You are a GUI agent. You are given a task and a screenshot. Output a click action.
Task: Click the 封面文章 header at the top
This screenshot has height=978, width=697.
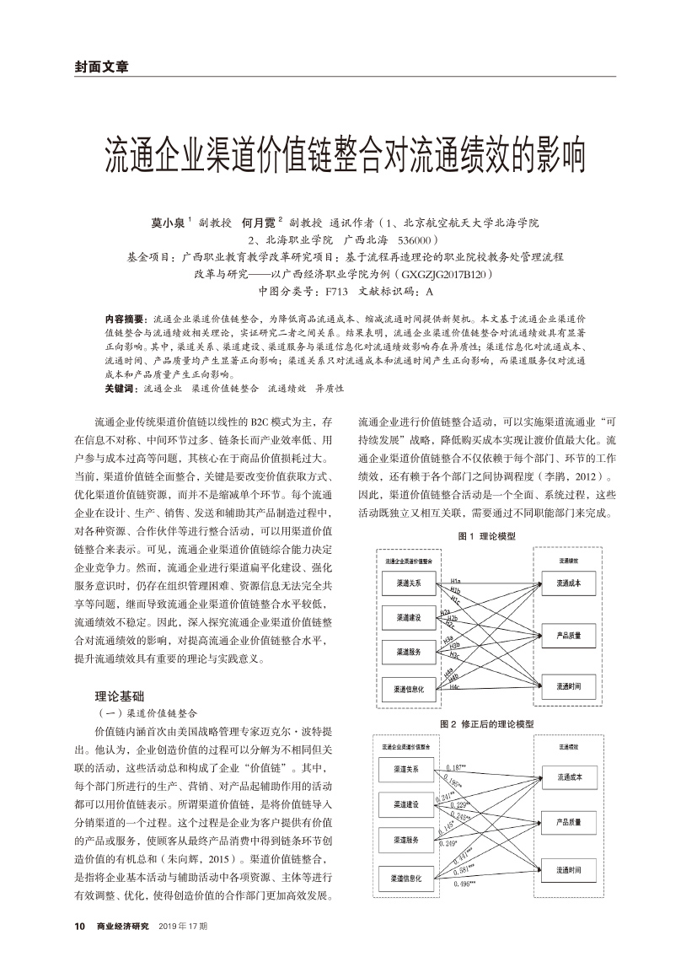pyautogui.click(x=101, y=67)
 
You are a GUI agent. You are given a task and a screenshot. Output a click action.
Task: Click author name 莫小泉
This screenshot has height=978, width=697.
pyautogui.click(x=169, y=223)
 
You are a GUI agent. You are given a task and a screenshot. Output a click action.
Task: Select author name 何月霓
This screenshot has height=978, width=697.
pyautogui.click(x=259, y=223)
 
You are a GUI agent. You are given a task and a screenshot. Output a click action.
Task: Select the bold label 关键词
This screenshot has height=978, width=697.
pyautogui.click(x=120, y=389)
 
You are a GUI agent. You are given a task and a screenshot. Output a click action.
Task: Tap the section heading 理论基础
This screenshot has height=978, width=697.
pyautogui.click(x=121, y=696)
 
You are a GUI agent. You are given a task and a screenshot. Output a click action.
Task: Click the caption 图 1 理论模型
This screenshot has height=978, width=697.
pyautogui.click(x=486, y=536)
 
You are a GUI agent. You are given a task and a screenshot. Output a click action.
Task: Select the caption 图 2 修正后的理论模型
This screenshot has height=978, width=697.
pyautogui.click(x=486, y=724)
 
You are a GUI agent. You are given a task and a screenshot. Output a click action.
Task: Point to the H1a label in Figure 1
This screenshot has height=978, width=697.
pyautogui.click(x=456, y=582)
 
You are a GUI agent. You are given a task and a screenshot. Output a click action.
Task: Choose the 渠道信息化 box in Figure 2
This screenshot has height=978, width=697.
pyautogui.click(x=408, y=878)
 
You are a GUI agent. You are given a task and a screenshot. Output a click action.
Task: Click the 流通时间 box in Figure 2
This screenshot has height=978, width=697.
pyautogui.click(x=569, y=870)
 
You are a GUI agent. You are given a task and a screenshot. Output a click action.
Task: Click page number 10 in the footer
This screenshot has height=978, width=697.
pyautogui.click(x=80, y=927)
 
